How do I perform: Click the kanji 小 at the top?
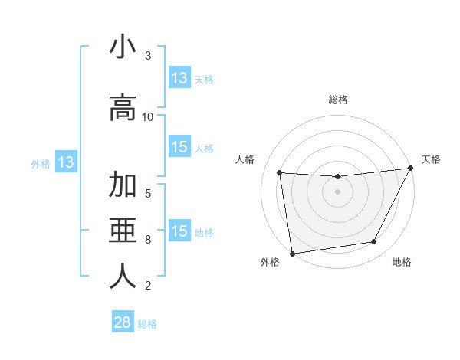(123, 47)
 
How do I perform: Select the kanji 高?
(123, 107)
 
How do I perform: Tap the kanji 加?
(123, 186)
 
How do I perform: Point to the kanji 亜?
(123, 230)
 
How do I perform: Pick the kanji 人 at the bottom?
(123, 276)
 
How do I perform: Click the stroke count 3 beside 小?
(148, 56)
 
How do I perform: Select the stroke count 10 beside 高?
(148, 116)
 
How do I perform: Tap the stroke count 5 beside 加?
(148, 193)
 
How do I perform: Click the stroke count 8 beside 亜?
(148, 240)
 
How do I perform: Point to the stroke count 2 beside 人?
(148, 286)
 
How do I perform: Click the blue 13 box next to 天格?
(179, 78)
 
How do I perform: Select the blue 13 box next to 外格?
(65, 162)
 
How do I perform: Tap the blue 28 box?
(123, 322)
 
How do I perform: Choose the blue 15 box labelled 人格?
(179, 147)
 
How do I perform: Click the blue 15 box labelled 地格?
(179, 231)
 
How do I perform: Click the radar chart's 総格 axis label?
(337, 100)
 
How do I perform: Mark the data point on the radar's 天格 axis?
(410, 169)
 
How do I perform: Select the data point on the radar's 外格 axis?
(292, 253)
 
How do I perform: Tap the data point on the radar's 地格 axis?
(374, 242)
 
